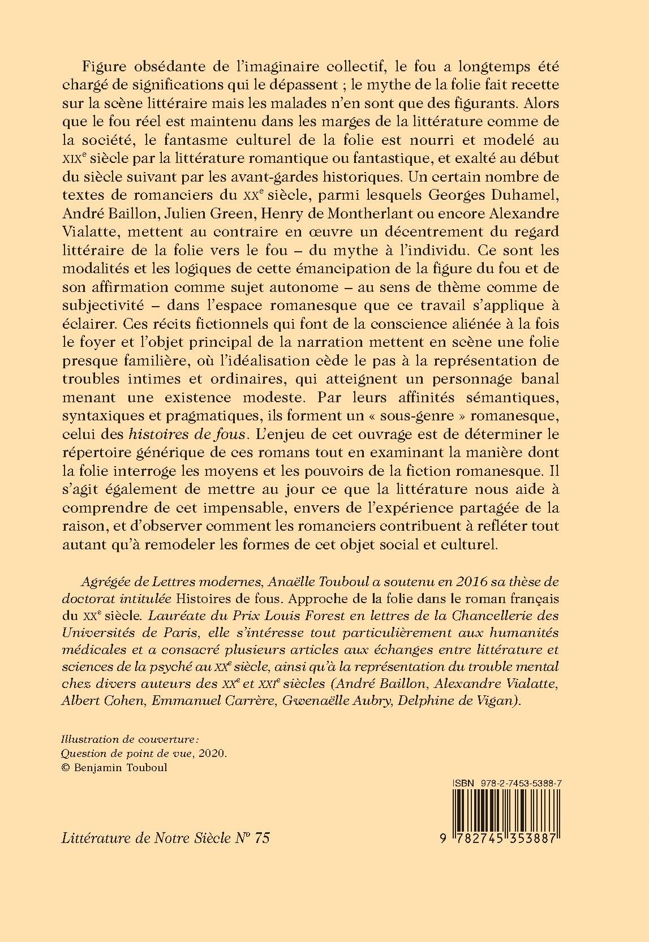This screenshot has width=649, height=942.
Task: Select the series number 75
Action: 262,837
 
